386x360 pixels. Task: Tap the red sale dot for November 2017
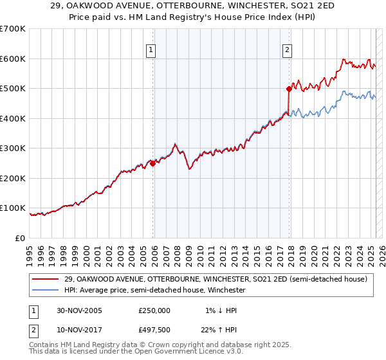289,89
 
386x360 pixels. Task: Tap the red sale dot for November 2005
153,163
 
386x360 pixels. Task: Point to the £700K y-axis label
13,29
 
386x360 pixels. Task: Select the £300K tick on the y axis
13,148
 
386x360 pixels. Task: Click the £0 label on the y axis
20,238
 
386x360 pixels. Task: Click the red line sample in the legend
46,279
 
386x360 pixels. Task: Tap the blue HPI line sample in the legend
46,290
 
